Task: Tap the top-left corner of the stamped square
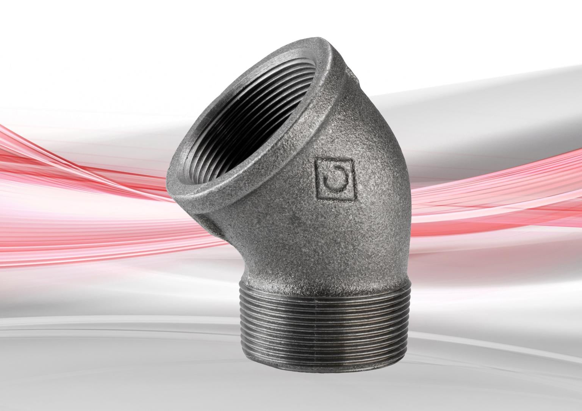coord(316,160)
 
